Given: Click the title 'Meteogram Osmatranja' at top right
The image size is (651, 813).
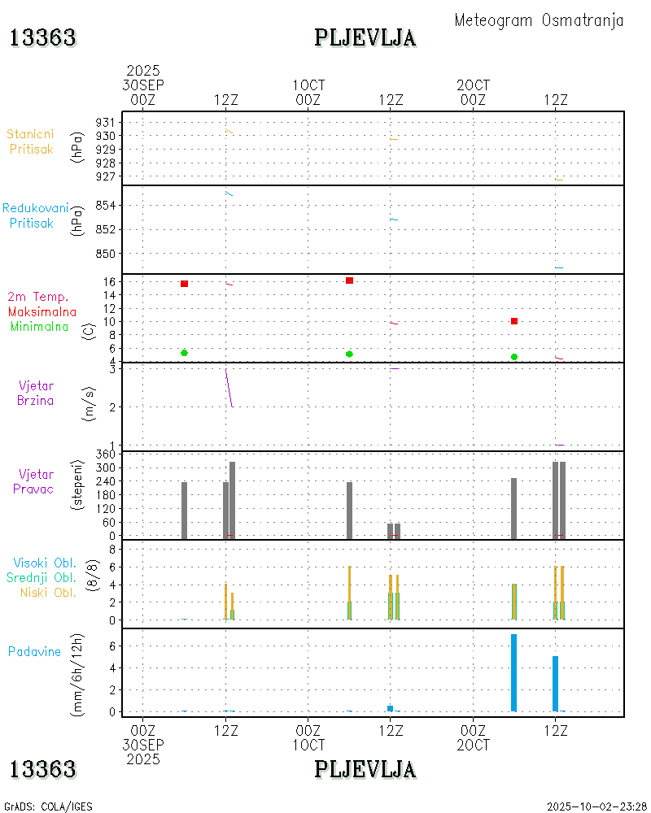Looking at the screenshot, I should tap(539, 21).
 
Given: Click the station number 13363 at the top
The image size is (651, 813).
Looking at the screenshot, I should tap(43, 37).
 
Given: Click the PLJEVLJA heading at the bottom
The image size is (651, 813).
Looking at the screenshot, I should tap(365, 769).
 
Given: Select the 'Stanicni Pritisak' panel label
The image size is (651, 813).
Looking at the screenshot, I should tap(32, 141).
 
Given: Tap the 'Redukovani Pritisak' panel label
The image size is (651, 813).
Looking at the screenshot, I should tap(35, 215).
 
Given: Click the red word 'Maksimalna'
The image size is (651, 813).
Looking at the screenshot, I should tap(42, 311).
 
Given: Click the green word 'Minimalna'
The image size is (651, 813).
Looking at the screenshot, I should tap(40, 327).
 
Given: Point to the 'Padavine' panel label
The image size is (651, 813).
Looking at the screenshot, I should tap(34, 651).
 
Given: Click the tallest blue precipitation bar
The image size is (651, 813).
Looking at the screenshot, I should tap(513, 672).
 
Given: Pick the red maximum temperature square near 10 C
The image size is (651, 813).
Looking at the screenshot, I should tap(514, 321).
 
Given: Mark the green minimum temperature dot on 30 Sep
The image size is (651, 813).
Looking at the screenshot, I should tap(185, 353).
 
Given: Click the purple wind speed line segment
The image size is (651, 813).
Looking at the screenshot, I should tap(229, 388).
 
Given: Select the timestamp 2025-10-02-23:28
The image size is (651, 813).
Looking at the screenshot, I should tap(597, 806).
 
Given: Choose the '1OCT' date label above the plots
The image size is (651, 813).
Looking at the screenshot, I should tap(308, 85).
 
